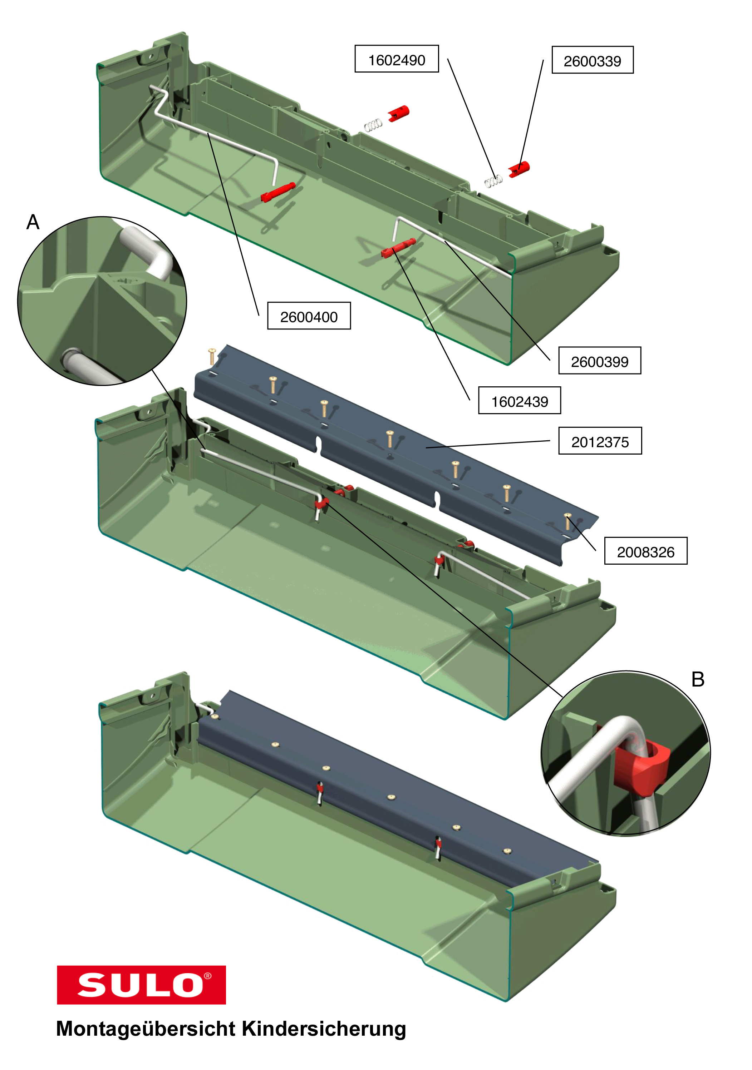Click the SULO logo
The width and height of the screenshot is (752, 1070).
coord(141,984)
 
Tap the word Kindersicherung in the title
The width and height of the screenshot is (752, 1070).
coord(324,1029)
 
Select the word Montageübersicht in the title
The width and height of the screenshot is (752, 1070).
coord(146,1029)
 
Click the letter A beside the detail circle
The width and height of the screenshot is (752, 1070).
coord(33,222)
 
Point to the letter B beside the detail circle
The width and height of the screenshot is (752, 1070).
coord(697,679)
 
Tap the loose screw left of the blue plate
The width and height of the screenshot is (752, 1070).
coord(212,355)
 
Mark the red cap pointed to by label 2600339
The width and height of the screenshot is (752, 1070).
coord(519,169)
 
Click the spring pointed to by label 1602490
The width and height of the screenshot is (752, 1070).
coord(493,180)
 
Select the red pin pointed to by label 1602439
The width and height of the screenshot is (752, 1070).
coord(398,247)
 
